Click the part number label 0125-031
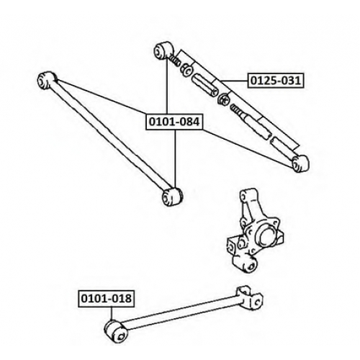pos(276,81)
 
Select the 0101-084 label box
pos(174,122)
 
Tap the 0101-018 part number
pos(107,299)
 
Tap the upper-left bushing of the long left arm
pos(47,80)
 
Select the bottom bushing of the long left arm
pos(172,196)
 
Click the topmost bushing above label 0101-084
pos(163,50)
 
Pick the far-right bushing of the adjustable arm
pos(300,163)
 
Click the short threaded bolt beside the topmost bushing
pos(174,60)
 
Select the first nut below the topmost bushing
pos(186,69)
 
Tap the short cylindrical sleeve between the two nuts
pos(205,86)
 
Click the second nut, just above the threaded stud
pos(224,99)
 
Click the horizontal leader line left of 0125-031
pos(234,81)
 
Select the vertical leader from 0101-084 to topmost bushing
pos(166,86)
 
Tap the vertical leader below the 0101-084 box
pos(176,158)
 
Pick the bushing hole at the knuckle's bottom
pos(251,266)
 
